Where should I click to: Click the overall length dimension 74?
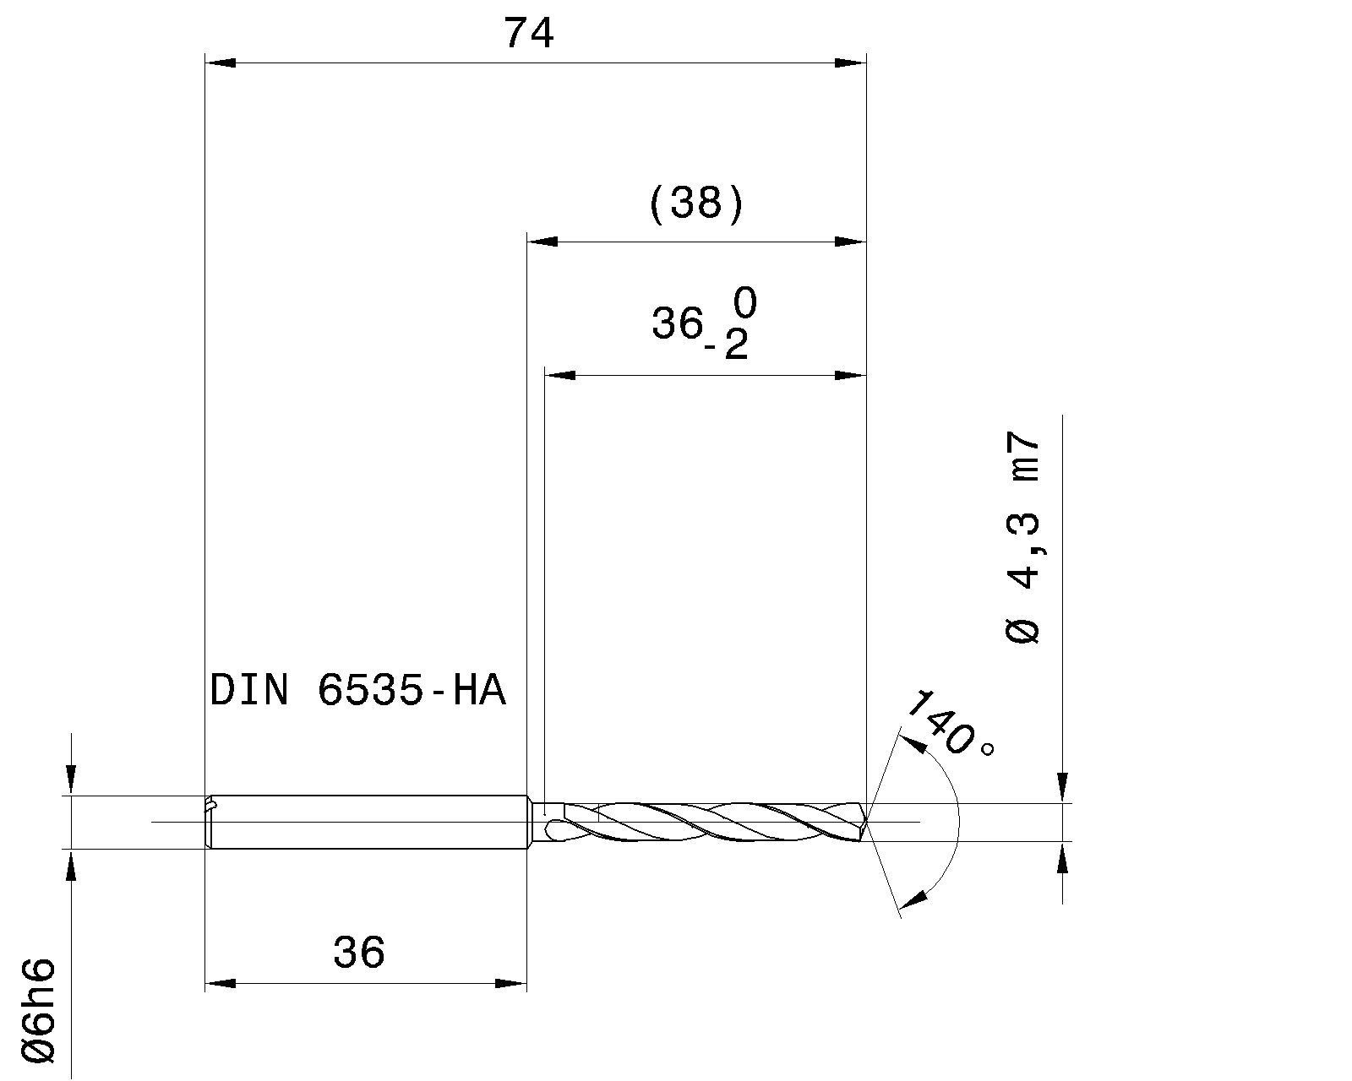tap(529, 34)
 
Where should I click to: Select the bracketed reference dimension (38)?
tap(696, 204)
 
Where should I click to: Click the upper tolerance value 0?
tap(744, 303)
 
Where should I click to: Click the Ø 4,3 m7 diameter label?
tap(1023, 540)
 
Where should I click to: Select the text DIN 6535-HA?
tap(357, 691)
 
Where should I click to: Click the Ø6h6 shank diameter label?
tap(40, 1009)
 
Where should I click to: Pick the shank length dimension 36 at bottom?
tap(359, 953)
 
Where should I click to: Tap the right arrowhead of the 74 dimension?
tap(851, 62)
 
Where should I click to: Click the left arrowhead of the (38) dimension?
tap(542, 242)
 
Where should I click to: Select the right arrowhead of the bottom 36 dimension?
tap(511, 983)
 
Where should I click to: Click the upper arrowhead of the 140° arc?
tap(911, 743)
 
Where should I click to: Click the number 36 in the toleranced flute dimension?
tap(677, 323)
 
